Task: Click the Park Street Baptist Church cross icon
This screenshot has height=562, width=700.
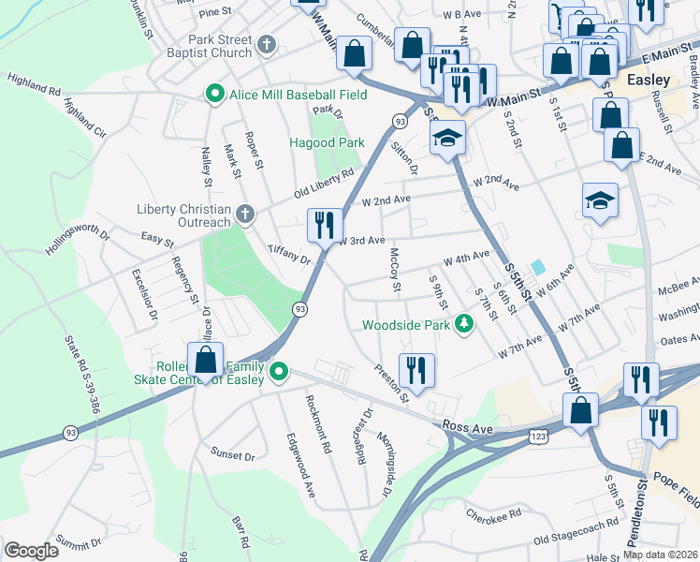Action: coord(267,44)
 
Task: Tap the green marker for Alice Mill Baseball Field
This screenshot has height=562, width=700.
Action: coord(214,94)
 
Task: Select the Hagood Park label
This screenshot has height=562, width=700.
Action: coord(326,143)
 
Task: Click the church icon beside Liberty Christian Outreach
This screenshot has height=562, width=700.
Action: coord(244,214)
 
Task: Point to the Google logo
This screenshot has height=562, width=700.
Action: coord(32,550)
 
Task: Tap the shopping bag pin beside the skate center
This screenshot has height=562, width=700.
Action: coord(205,360)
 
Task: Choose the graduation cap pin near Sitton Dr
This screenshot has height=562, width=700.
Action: coord(448,139)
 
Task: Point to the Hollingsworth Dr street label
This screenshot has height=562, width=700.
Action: coord(78,240)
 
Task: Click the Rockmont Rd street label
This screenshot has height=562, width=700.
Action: coord(318,424)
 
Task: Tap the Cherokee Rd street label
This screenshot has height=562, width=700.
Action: coord(497,517)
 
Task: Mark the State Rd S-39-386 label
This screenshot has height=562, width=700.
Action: coord(80,375)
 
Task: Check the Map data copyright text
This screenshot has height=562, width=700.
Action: coord(660,555)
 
